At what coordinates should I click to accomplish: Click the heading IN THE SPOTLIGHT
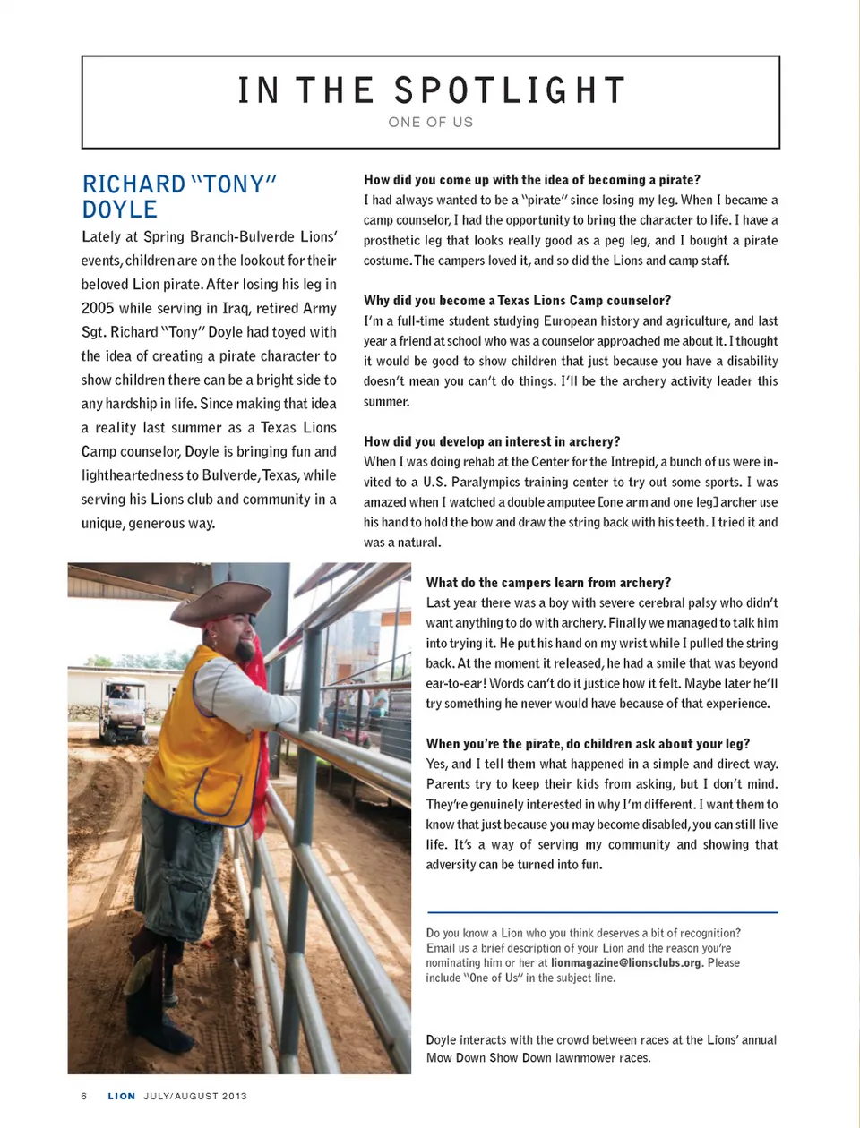pos(431,90)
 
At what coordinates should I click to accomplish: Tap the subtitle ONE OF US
pos(431,122)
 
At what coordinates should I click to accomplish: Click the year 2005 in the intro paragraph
pos(98,308)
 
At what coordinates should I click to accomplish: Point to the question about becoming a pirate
pos(532,180)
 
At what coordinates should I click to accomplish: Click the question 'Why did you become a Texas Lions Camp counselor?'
pos(517,301)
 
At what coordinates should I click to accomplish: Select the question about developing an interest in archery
pos(492,441)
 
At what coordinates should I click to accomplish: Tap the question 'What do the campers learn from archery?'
pos(548,583)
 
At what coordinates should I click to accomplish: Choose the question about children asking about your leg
pos(588,744)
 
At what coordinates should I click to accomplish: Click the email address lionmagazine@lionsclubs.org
pos(626,963)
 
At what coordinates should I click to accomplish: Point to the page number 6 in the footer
pos(84,1096)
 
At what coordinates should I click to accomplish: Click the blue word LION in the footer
pos(122,1096)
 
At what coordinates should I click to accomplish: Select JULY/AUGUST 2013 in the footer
pos(195,1096)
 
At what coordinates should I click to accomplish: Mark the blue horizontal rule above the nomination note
pos(602,912)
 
